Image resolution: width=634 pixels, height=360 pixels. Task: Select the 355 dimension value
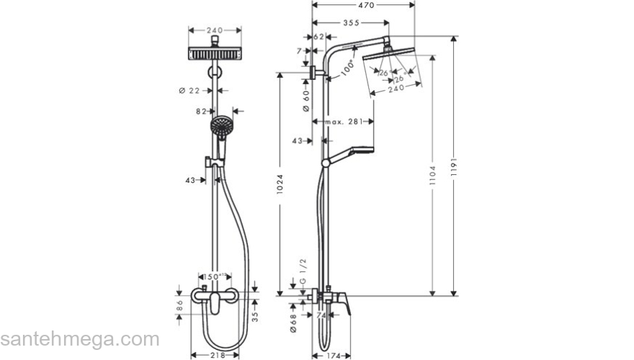click(x=351, y=23)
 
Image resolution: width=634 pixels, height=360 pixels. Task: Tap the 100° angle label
click(x=349, y=68)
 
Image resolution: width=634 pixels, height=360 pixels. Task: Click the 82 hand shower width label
click(x=202, y=112)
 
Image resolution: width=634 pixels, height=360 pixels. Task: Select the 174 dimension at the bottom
click(x=331, y=355)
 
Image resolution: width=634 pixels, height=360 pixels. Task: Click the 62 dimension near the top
click(x=318, y=36)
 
